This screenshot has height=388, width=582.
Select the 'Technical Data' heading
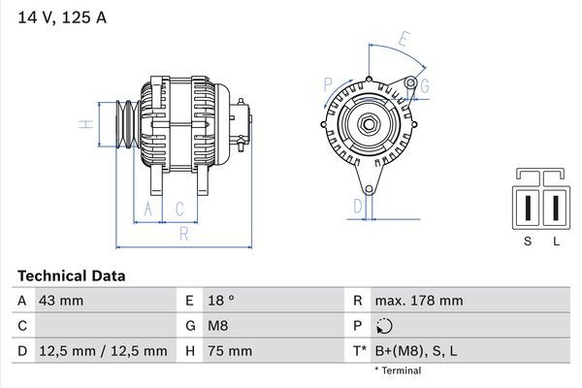point(71,276)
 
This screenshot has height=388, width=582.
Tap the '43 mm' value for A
point(61,301)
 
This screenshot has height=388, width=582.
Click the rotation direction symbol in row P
point(386,326)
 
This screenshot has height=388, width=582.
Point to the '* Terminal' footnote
point(398,371)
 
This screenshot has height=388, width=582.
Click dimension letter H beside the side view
point(85,124)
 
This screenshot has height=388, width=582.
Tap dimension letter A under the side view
point(147,208)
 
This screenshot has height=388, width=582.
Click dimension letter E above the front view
point(404,40)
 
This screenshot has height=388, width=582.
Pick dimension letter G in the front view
point(423,86)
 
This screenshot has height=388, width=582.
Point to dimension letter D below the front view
point(356,205)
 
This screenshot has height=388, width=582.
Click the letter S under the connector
point(528,242)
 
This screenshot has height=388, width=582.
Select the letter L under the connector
point(556,242)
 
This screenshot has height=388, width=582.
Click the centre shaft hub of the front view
point(370,124)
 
